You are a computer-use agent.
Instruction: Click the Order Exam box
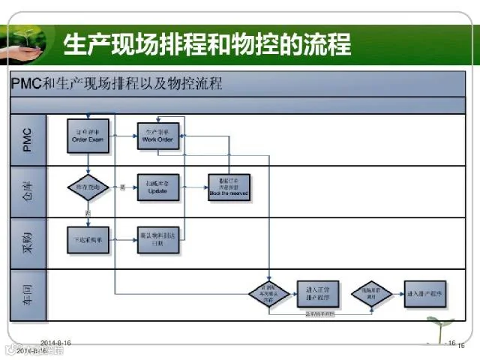click(x=88, y=134)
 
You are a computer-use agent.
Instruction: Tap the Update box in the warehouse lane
click(x=158, y=187)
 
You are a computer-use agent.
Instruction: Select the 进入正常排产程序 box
click(x=319, y=292)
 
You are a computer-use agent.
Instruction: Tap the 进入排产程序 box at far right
click(x=425, y=292)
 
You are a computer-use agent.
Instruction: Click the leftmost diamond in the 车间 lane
click(x=269, y=292)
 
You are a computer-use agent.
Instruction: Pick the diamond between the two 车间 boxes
click(x=372, y=292)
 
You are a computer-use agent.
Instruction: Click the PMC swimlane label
click(x=27, y=139)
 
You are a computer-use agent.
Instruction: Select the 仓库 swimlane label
click(x=27, y=190)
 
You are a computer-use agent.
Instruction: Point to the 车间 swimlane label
click(x=27, y=295)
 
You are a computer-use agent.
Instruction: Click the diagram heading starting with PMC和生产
click(x=117, y=83)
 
